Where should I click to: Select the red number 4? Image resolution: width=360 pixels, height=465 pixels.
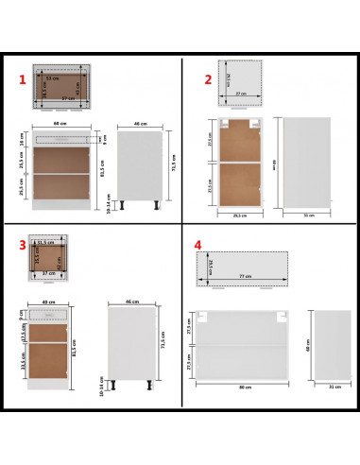point(198,245)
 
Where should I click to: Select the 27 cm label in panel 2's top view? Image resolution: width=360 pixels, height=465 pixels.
point(240,95)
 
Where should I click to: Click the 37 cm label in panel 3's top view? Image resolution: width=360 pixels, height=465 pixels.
point(48,275)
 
